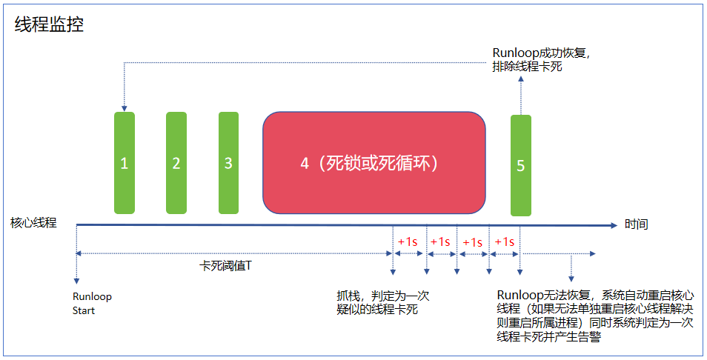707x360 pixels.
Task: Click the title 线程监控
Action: (50, 25)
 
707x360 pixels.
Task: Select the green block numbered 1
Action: (125, 163)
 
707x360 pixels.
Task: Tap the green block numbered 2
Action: (176, 163)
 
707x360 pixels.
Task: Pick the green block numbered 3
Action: (228, 163)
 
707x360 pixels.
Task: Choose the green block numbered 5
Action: (521, 165)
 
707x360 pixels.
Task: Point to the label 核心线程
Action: (33, 222)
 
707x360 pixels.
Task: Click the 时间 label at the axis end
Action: (636, 224)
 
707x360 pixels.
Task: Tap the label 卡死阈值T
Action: (225, 265)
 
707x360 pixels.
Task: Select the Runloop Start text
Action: (92, 303)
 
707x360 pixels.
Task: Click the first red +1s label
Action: (408, 241)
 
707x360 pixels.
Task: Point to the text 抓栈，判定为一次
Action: (382, 296)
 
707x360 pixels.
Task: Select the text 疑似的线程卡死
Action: (377, 310)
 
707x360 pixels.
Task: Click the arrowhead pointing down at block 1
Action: (125, 108)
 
